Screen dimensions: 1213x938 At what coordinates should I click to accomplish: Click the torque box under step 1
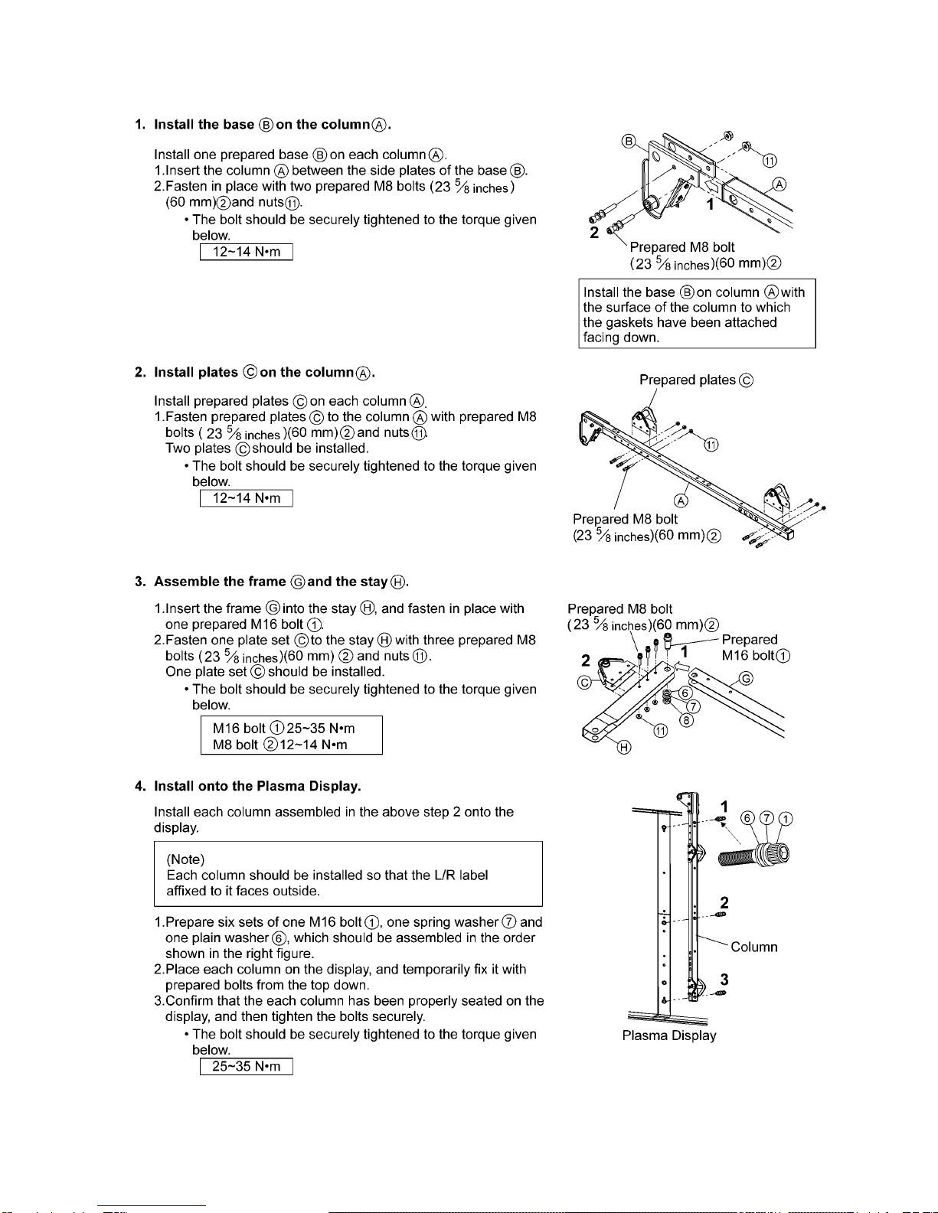click(246, 252)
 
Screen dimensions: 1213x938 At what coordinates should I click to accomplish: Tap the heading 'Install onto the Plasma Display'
click(257, 786)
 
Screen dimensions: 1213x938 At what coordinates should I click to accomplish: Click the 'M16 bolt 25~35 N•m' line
click(283, 729)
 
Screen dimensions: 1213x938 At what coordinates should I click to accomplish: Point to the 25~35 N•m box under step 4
click(246, 1066)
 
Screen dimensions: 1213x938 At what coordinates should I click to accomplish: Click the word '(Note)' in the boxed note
click(185, 859)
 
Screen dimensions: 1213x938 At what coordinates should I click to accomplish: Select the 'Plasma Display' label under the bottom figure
click(669, 1035)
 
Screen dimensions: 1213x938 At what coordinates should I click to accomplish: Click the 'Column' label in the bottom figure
click(753, 947)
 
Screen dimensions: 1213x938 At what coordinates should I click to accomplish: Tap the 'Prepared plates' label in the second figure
click(696, 380)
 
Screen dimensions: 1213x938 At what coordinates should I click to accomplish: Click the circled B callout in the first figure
click(628, 142)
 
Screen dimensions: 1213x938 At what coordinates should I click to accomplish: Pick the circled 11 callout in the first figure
click(770, 160)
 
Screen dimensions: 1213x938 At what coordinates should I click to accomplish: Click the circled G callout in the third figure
click(745, 679)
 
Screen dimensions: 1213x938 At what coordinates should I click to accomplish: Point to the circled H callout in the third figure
click(624, 747)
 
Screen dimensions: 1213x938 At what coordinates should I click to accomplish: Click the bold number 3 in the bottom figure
click(724, 980)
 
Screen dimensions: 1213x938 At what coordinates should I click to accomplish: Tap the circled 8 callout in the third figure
click(687, 720)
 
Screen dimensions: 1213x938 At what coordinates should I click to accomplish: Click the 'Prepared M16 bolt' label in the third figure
click(755, 647)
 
